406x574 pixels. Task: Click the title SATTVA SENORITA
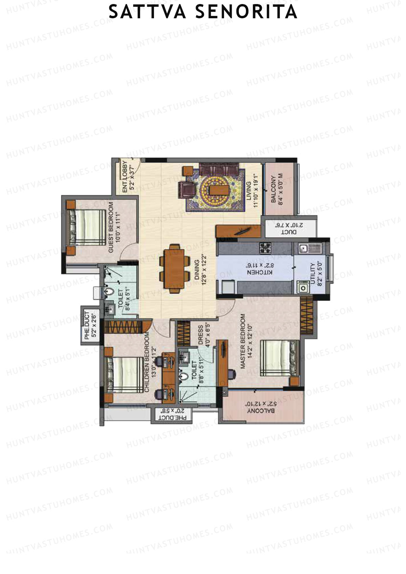[x=203, y=13]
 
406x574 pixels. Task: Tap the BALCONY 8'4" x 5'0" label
[x=277, y=189]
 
